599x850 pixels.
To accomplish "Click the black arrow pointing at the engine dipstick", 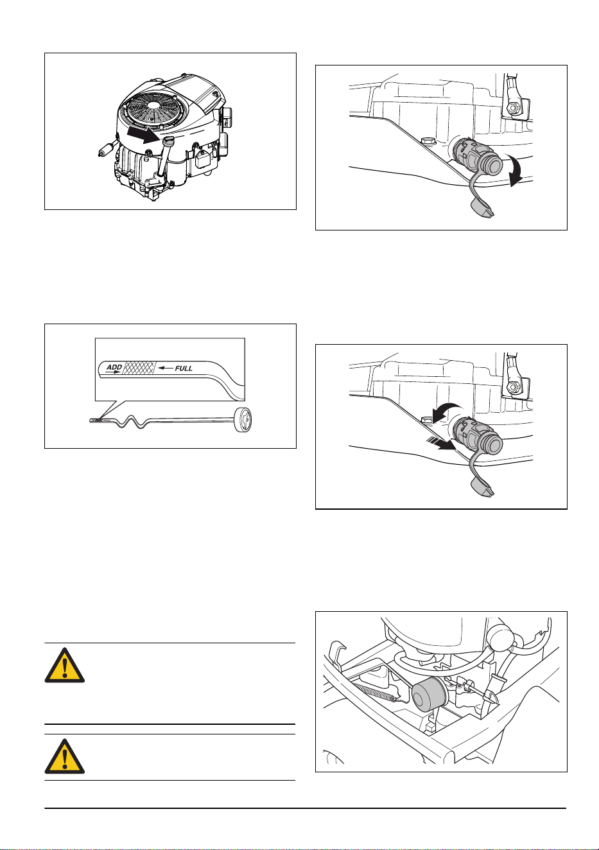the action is [x=143, y=135].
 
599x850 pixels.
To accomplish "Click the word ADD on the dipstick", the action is [x=114, y=367].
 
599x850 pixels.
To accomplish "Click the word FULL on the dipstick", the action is [x=184, y=368].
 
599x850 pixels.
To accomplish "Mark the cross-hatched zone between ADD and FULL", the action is [x=139, y=368].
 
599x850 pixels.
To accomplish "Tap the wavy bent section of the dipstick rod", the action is [x=131, y=422].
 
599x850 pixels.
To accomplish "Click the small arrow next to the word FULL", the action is [x=166, y=368].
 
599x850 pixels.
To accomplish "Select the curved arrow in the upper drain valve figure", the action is [x=516, y=171].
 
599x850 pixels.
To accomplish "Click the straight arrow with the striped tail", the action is [x=442, y=444].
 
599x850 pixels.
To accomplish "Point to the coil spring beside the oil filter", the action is [x=376, y=692].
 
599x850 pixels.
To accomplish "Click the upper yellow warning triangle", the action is [x=65, y=665].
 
